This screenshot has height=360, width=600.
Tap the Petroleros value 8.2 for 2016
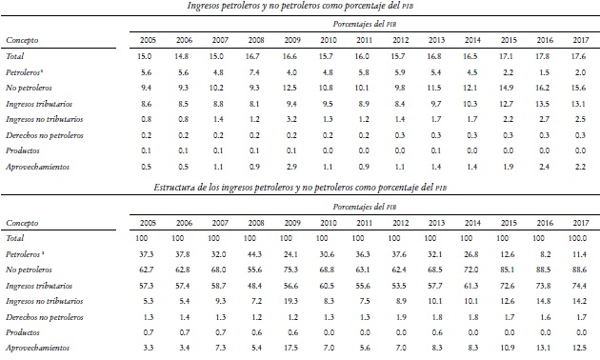[542, 255]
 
